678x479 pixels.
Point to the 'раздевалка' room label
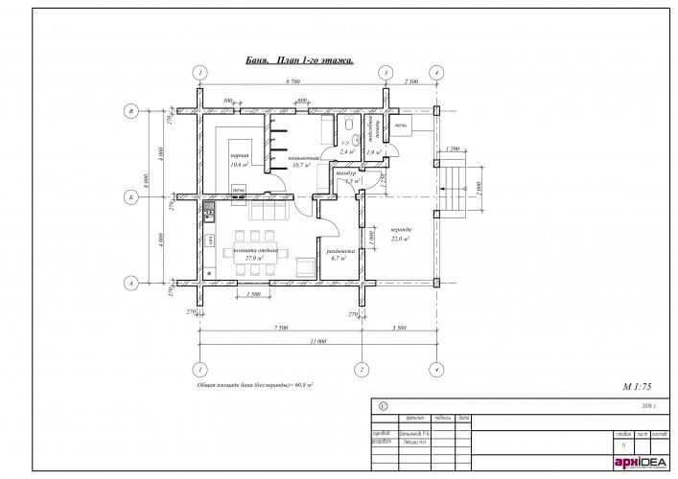click(x=342, y=251)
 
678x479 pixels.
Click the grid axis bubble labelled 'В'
click(x=130, y=111)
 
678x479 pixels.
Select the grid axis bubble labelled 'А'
click(x=130, y=283)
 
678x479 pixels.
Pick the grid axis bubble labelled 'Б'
click(x=130, y=197)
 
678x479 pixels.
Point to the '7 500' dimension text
click(x=280, y=328)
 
